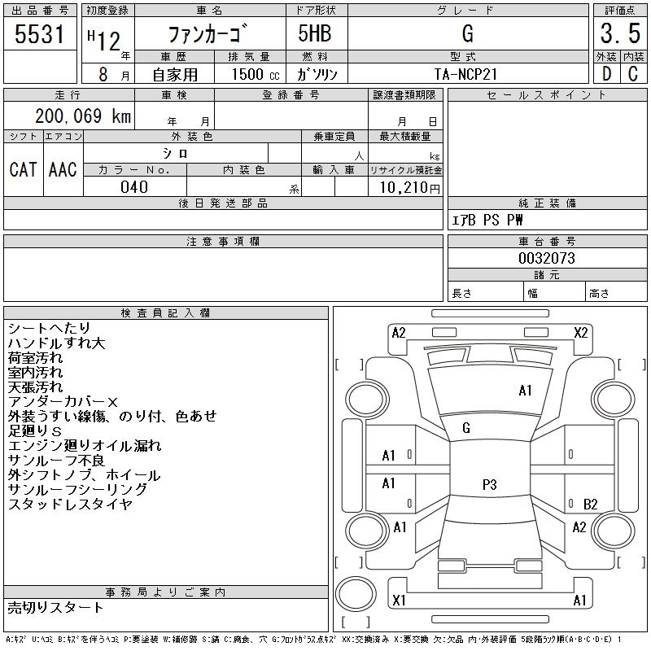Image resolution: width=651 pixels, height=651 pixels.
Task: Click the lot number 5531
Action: [x=40, y=34]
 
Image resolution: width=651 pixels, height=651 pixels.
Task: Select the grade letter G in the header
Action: [x=467, y=34]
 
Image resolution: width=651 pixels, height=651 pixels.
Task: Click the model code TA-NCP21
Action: [x=467, y=74]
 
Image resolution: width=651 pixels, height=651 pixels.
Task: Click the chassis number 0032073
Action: [x=547, y=258]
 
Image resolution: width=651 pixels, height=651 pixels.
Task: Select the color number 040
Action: [x=134, y=187]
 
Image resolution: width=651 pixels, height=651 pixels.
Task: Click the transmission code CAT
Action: [x=23, y=170]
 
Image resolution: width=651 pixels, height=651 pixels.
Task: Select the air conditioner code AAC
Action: [x=63, y=170]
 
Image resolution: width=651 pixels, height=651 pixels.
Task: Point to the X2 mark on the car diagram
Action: [x=581, y=332]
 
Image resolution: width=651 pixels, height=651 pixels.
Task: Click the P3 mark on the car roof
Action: [x=489, y=485]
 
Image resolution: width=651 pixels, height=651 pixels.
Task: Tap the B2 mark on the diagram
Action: [x=591, y=505]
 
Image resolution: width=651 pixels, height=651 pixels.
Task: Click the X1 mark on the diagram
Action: [x=399, y=601]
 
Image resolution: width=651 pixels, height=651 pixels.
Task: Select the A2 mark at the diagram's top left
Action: [x=399, y=332]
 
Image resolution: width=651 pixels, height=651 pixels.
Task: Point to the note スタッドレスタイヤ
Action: [x=70, y=504]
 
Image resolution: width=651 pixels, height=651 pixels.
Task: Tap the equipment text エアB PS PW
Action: [x=488, y=221]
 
